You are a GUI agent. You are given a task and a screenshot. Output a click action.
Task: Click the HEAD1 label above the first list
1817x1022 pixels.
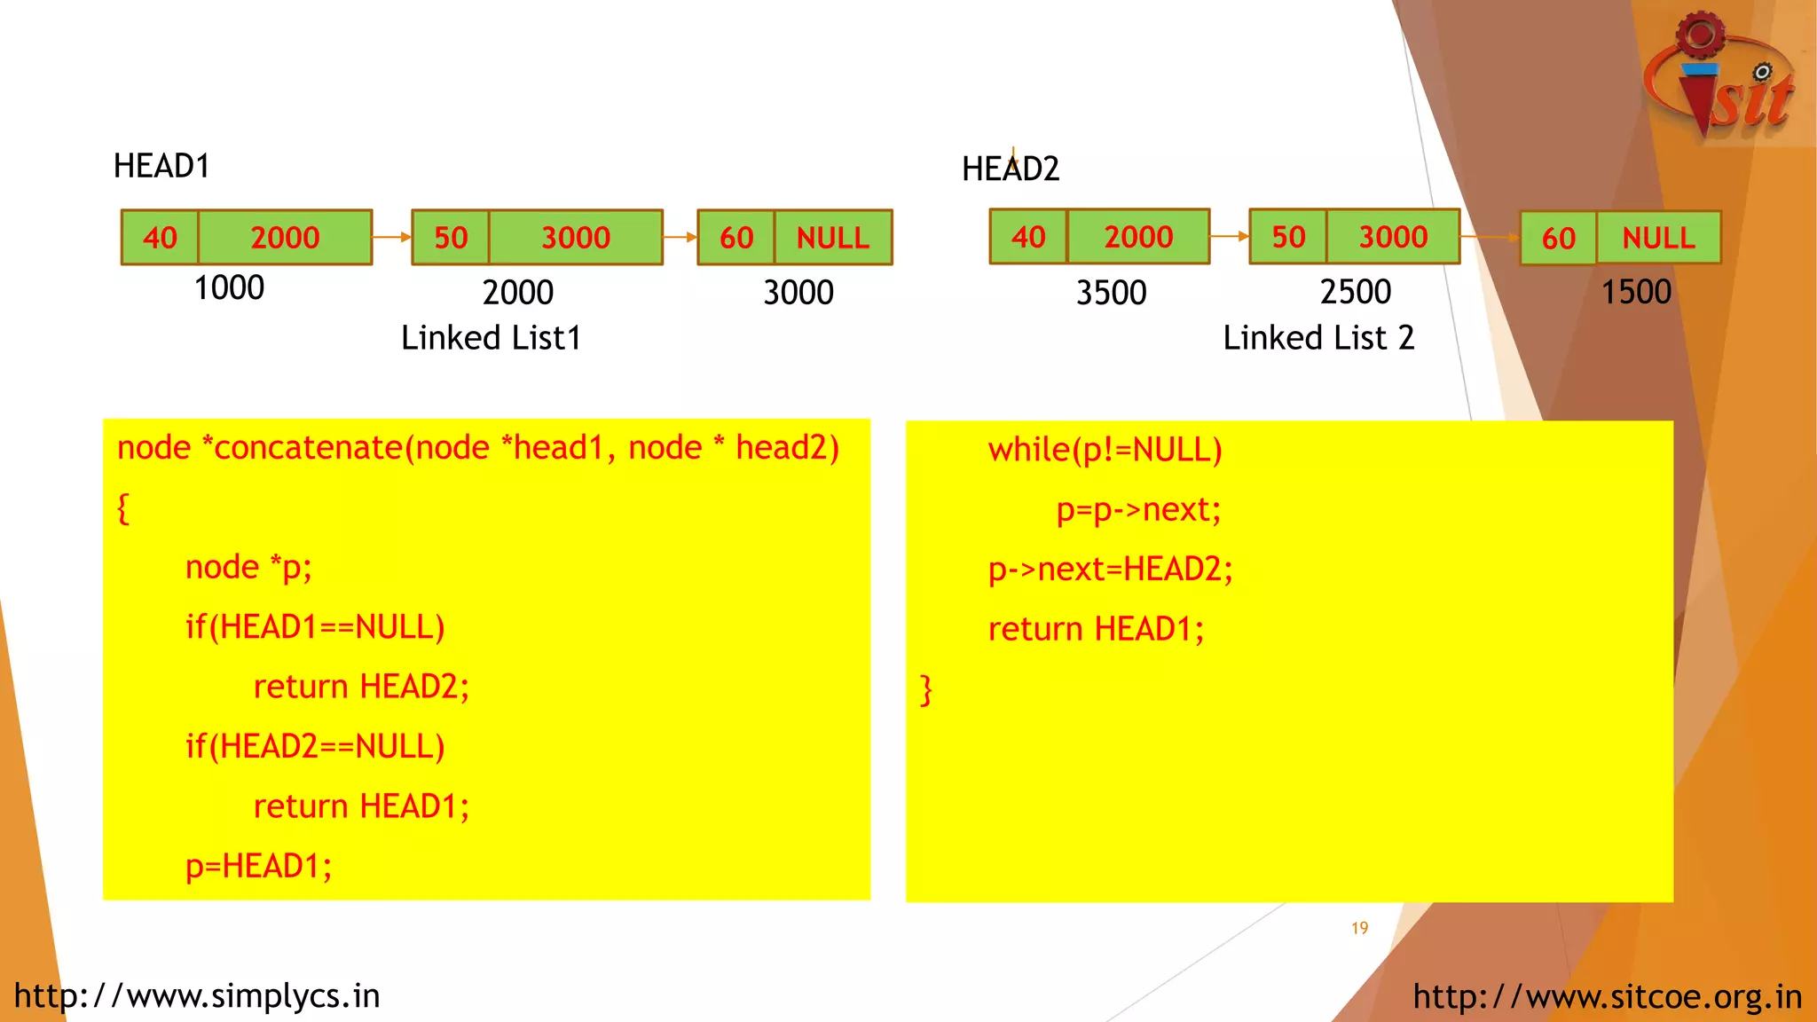click(161, 166)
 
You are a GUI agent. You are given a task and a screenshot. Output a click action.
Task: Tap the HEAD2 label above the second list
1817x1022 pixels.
click(1011, 169)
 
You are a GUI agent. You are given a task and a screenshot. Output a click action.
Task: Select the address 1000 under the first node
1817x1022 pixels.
click(229, 288)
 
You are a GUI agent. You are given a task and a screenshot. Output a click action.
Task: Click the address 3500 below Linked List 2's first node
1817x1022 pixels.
click(1111, 293)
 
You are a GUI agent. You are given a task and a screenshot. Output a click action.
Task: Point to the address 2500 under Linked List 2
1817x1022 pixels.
click(1355, 292)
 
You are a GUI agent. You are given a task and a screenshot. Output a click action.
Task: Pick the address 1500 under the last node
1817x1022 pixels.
click(1635, 292)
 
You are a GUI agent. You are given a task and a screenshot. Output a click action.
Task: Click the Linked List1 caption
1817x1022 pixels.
click(491, 338)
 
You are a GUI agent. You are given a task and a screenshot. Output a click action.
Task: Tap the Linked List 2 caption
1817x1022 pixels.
click(1318, 338)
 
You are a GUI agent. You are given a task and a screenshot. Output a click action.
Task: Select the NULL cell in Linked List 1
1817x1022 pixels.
click(832, 238)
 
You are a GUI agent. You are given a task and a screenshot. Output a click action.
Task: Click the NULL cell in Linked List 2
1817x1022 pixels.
click(1658, 238)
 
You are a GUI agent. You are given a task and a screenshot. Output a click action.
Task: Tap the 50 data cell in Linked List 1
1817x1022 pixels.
click(451, 238)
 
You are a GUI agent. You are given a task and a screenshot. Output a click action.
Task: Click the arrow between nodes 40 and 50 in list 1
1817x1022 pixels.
click(391, 237)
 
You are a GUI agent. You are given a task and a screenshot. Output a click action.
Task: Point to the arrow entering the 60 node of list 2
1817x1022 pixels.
click(1490, 237)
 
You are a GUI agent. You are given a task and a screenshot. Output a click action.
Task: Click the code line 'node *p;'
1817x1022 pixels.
click(248, 567)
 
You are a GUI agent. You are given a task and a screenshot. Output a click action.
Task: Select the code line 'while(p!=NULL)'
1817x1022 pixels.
click(1105, 450)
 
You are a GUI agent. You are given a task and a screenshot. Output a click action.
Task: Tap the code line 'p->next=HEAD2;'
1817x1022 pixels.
click(1110, 569)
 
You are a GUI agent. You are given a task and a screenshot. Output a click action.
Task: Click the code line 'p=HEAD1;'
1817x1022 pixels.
click(258, 866)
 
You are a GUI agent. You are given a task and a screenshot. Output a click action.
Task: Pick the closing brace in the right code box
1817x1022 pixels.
click(926, 689)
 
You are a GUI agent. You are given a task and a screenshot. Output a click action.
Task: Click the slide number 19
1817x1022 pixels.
click(1359, 928)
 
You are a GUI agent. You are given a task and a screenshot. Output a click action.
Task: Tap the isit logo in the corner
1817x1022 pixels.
click(1719, 80)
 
